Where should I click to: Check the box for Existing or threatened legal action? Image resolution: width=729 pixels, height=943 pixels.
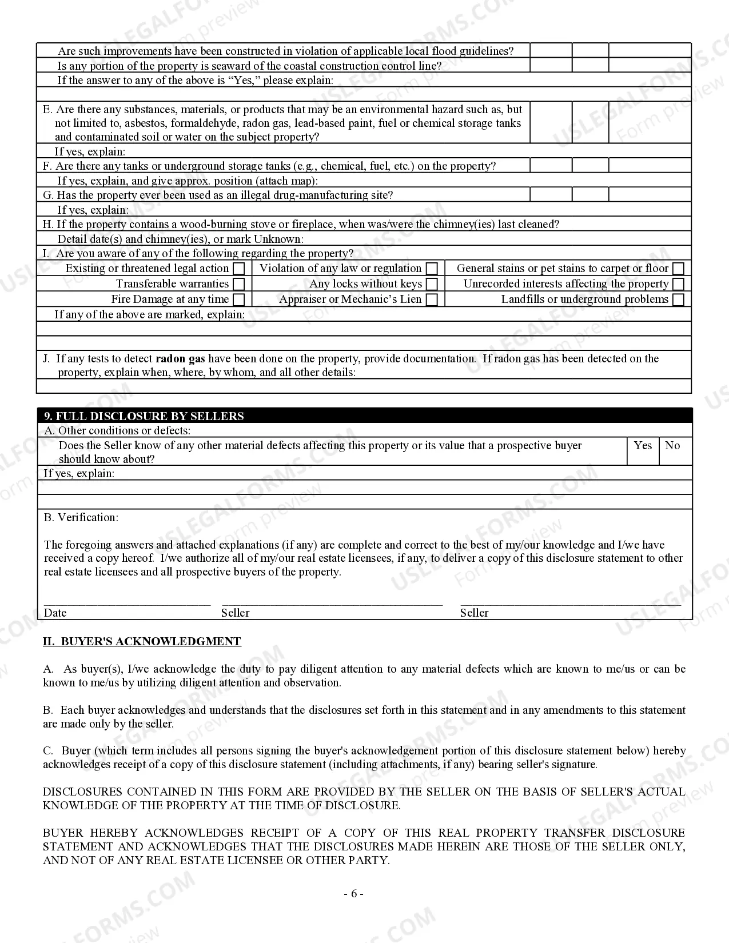pos(240,269)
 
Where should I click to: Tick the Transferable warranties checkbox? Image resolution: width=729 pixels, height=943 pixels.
pos(240,284)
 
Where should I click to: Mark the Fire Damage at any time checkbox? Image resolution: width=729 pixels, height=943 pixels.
pos(240,299)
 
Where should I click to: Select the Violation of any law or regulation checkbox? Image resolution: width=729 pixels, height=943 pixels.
pos(433,269)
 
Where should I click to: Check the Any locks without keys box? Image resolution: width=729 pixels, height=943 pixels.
pos(433,284)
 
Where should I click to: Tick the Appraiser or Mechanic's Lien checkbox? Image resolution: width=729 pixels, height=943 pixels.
pos(433,299)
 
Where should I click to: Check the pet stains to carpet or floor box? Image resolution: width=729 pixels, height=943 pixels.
pos(679,269)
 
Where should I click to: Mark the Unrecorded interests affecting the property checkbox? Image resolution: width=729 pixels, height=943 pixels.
pos(679,284)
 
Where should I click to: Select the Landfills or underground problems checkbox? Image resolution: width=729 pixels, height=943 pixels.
pos(679,299)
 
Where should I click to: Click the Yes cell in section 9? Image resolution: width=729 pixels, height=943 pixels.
pos(643,445)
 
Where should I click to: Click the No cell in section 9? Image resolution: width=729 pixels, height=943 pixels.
pos(672,445)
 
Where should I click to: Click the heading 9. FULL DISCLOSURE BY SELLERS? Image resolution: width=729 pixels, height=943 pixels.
pos(144,416)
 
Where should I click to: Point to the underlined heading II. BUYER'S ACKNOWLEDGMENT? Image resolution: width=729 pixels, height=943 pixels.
pos(142,641)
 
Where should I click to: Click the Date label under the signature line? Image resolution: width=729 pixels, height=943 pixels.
pos(55,613)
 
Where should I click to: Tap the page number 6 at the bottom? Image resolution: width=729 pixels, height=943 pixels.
pos(353,894)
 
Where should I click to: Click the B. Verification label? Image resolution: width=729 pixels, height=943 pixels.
pos(81,517)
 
